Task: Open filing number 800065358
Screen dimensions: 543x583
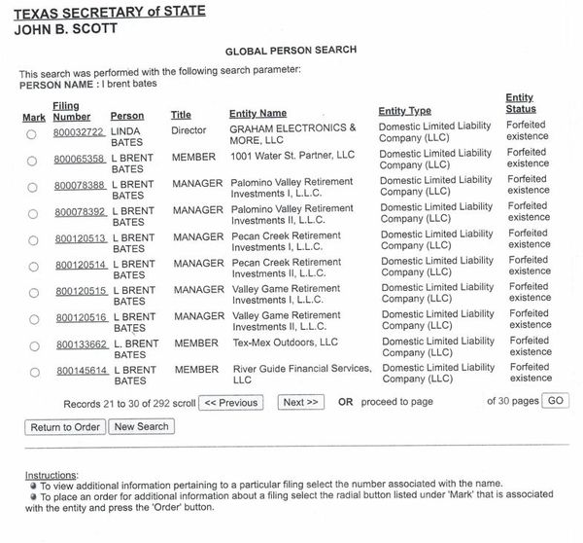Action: pos(79,158)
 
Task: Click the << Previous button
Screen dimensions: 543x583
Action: pos(230,402)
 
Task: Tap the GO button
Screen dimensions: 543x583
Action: pos(556,401)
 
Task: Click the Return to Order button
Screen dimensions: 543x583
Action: pos(65,427)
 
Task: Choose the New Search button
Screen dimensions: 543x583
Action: pos(141,426)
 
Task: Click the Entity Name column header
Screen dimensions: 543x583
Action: pos(257,114)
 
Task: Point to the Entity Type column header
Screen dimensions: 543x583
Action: pos(404,111)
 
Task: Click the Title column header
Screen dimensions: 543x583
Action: pos(181,115)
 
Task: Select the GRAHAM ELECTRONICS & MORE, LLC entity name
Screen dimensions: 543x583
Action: pos(291,134)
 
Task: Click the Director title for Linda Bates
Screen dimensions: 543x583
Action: pos(189,128)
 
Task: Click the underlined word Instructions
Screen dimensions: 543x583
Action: pos(51,474)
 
